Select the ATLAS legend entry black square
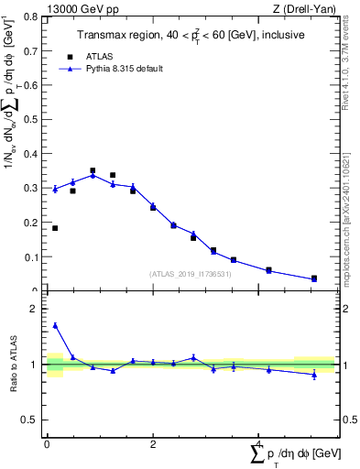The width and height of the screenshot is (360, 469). coord(66,55)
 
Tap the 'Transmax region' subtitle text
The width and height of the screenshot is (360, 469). coord(190,36)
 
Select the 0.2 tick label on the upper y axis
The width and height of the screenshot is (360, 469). coord(32,223)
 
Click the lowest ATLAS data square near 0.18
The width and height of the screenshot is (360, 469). coord(55,228)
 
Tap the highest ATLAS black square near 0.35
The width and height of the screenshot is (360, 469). coord(93,170)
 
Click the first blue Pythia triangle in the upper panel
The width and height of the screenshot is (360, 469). coord(55,189)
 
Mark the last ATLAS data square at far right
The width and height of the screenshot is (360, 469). coord(314,278)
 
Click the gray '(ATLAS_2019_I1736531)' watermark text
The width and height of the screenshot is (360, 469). coord(190,274)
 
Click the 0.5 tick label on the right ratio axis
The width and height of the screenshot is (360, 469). coord(349,420)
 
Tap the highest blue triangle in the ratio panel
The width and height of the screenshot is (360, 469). coord(55,325)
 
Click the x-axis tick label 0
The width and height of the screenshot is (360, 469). coord(47,445)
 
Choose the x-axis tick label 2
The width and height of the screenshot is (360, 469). coord(153,445)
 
